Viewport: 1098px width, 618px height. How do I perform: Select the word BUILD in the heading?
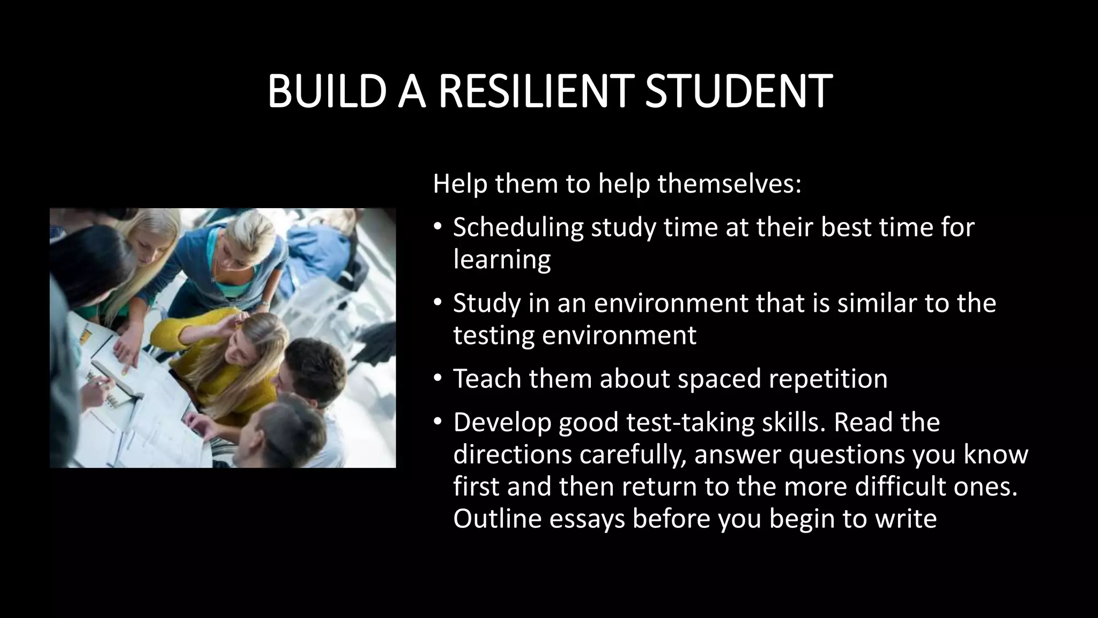pos(327,92)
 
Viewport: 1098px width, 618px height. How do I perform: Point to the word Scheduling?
pos(517,227)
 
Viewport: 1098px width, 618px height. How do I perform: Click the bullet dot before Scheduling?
pos(437,227)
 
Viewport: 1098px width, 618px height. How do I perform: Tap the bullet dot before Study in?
pos(437,303)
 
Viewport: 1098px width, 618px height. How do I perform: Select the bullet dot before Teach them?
pos(437,379)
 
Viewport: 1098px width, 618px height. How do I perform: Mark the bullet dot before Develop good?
pos(437,422)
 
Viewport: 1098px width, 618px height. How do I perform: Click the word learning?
pos(502,260)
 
